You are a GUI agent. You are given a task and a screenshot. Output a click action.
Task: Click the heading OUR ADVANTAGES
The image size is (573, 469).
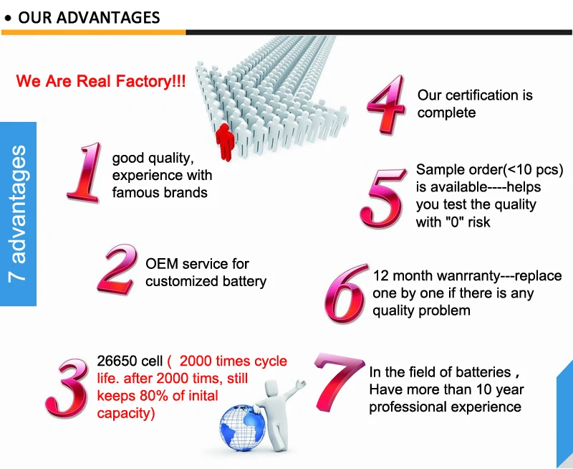pos(89,17)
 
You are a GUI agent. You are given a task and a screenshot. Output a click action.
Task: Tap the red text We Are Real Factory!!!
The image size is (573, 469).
pos(101,81)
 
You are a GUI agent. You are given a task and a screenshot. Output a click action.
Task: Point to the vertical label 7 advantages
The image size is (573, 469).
pos(19,214)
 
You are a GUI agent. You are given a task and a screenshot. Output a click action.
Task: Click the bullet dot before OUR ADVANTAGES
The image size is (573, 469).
pos(8,18)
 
